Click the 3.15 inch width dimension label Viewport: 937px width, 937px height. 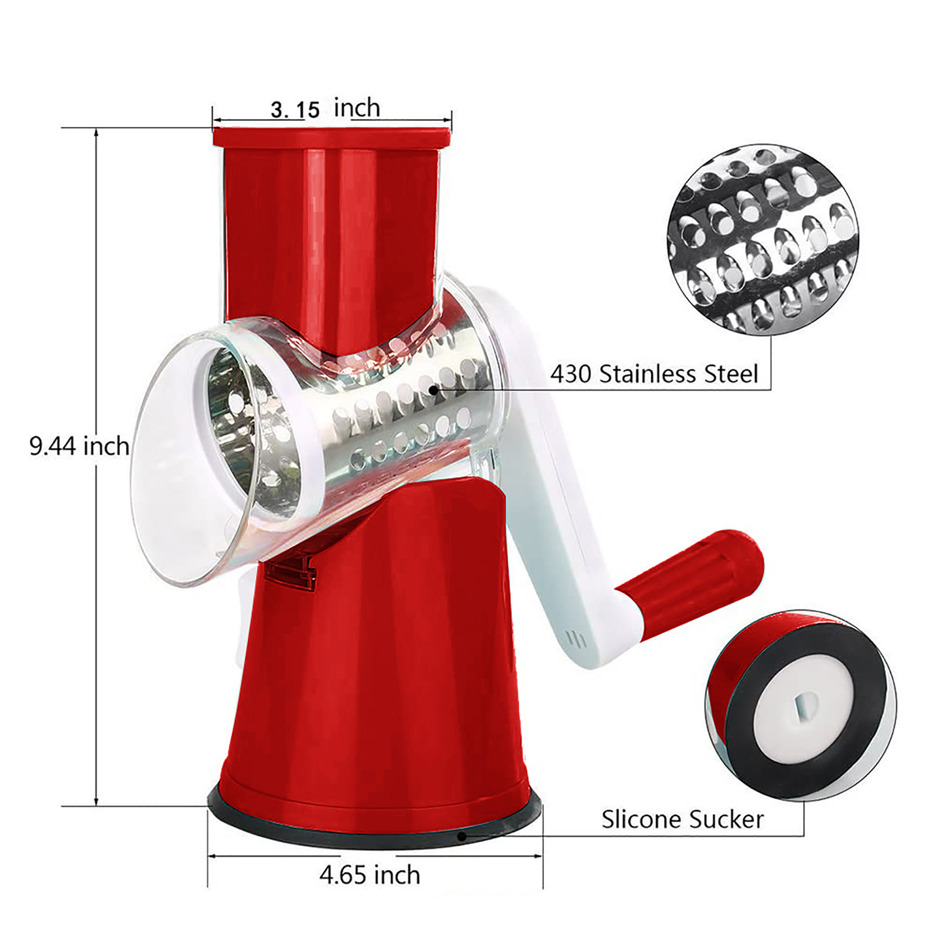pos(325,108)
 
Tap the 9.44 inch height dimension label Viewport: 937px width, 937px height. pos(79,446)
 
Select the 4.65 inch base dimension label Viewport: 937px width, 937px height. pos(370,875)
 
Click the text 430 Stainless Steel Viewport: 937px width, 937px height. pos(654,374)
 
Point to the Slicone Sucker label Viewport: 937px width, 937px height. pos(682,819)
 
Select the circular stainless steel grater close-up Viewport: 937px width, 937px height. pos(763,240)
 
